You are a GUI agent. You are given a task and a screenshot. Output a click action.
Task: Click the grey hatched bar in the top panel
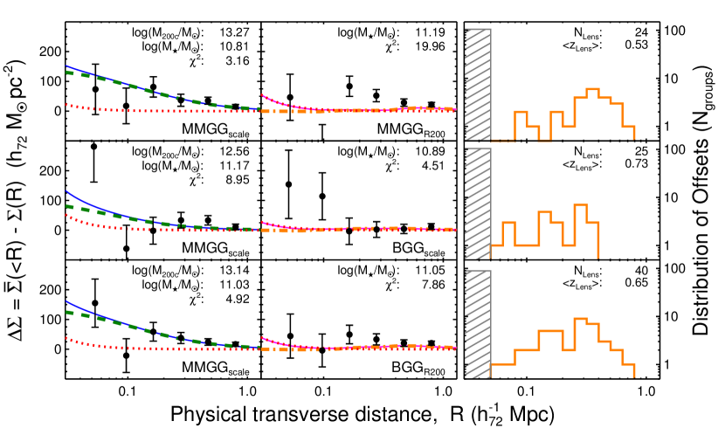(x=477, y=84)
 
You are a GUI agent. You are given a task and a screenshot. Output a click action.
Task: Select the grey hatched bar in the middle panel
(x=477, y=204)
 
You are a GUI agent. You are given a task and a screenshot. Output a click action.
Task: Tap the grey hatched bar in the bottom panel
(x=477, y=324)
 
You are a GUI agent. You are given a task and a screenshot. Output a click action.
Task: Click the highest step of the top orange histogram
(x=592, y=89)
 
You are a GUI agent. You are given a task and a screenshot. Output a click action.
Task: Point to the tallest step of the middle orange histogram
(x=580, y=205)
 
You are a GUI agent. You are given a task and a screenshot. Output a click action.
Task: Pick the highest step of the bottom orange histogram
(x=580, y=319)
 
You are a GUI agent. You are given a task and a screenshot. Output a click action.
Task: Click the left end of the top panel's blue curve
(x=66, y=66)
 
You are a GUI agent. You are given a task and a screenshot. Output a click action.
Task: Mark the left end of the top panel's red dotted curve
(x=66, y=105)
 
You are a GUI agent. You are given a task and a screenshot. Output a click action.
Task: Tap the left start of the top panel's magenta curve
(x=262, y=94)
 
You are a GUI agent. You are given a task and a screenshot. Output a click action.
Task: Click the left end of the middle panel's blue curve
(x=66, y=190)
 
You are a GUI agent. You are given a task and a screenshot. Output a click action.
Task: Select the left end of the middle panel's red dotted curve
(x=66, y=215)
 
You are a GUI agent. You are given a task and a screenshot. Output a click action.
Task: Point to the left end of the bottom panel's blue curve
(x=66, y=301)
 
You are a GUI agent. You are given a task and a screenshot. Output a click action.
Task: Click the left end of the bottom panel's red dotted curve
(x=66, y=338)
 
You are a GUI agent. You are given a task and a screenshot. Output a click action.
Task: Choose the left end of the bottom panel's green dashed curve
(x=66, y=311)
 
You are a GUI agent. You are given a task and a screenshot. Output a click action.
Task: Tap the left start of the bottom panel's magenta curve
(x=262, y=337)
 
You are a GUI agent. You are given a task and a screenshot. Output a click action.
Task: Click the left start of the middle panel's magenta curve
(x=262, y=221)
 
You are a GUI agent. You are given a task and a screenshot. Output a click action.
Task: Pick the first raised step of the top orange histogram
(x=521, y=112)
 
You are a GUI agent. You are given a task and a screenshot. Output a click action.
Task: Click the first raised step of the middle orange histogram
(x=508, y=223)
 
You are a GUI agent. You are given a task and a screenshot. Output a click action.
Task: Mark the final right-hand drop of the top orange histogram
(x=633, y=133)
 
